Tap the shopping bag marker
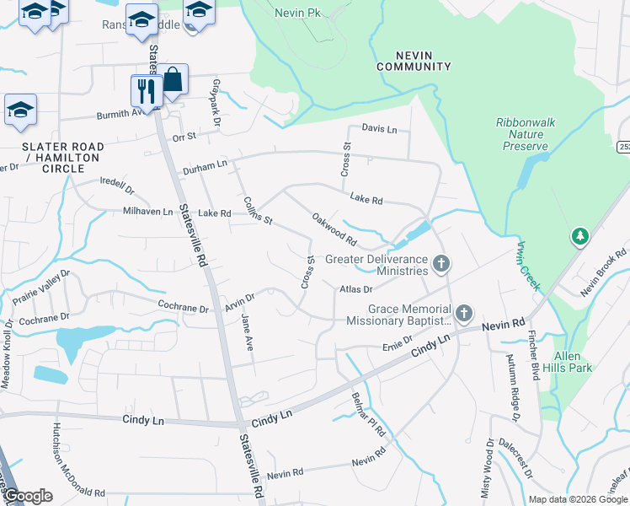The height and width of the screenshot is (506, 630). click(173, 79)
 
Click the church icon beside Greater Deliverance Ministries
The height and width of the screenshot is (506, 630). click(440, 266)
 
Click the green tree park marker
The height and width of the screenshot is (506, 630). click(579, 236)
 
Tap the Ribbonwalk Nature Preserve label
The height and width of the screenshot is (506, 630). click(526, 134)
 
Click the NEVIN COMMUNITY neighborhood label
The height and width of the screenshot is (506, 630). click(414, 60)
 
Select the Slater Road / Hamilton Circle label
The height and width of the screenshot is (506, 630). click(63, 158)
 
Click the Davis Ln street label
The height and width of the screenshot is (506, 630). click(379, 129)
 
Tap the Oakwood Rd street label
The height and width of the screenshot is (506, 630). click(334, 229)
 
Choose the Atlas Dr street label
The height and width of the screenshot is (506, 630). click(356, 289)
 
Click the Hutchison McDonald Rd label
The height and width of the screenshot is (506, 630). click(78, 460)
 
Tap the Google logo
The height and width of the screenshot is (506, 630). click(29, 495)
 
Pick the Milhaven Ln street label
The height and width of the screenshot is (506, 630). click(147, 212)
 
